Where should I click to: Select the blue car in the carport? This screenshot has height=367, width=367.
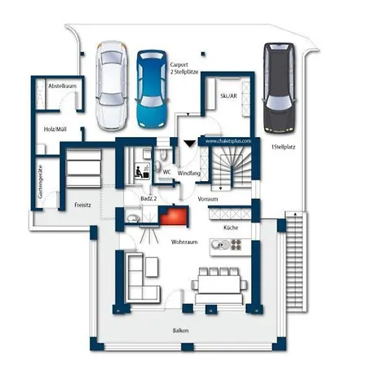pos(152,88)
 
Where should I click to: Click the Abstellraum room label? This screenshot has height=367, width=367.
pos(62,86)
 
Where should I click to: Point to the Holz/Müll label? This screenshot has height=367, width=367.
pos(56,129)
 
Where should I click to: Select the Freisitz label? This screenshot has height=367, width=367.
pos(82,205)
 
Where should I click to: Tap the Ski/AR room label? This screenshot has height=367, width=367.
pos(228,95)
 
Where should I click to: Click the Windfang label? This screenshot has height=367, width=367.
pos(189,173)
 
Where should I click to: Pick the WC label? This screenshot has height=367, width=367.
pos(166,172)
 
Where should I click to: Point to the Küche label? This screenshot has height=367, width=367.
pos(231,228)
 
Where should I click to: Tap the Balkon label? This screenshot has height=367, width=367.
pos(180,330)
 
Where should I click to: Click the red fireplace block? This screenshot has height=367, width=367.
pos(173,215)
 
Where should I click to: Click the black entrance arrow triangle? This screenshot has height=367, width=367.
pos(189,143)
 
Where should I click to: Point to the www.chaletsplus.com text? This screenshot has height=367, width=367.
pos(226,140)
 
